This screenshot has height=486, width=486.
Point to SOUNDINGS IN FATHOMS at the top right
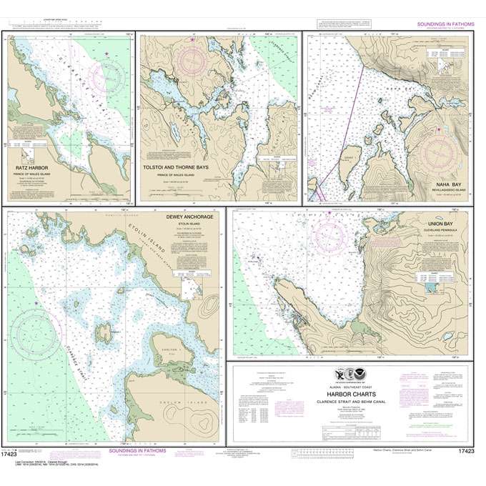click(x=440, y=25)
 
